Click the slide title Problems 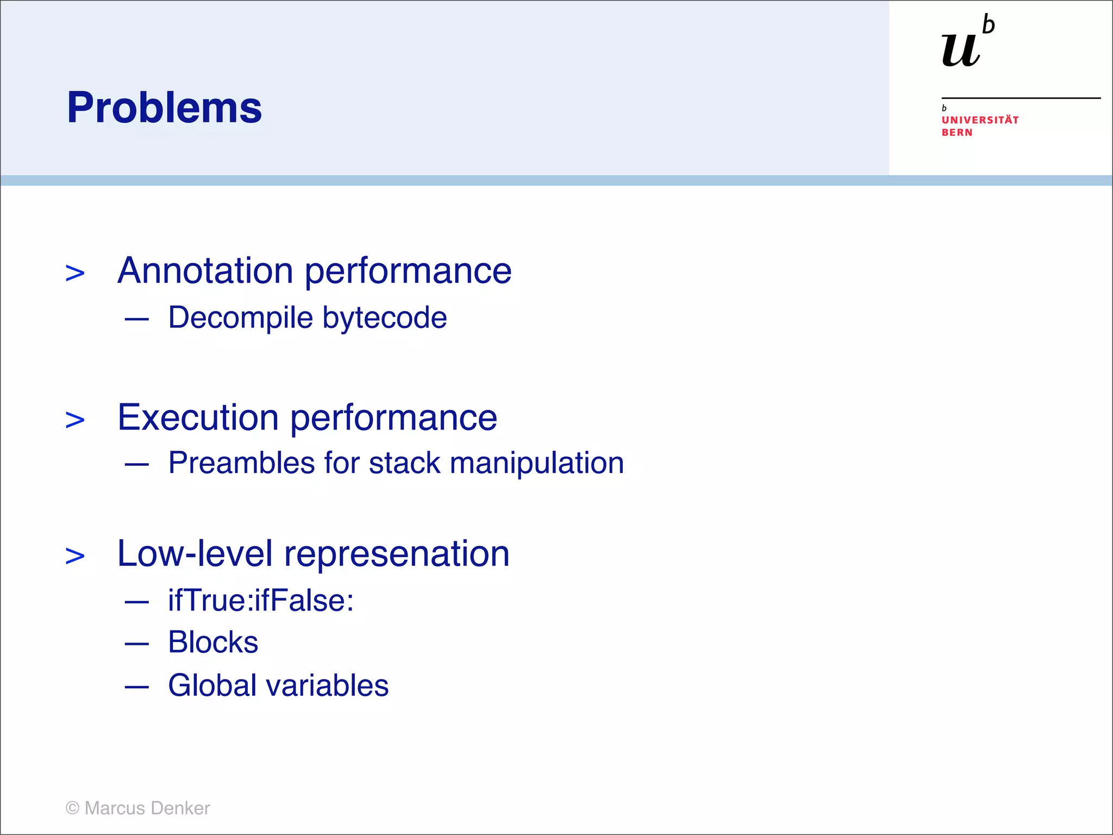164,108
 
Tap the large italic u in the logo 961,51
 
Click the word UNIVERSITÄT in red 980,120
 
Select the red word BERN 956,133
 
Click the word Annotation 205,271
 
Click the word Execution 198,417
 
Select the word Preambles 241,463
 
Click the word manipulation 536,463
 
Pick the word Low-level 195,553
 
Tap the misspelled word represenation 397,554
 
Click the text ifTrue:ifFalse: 261,601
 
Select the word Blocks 213,643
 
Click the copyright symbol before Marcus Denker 72,808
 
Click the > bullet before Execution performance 75,420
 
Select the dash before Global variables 136,687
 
